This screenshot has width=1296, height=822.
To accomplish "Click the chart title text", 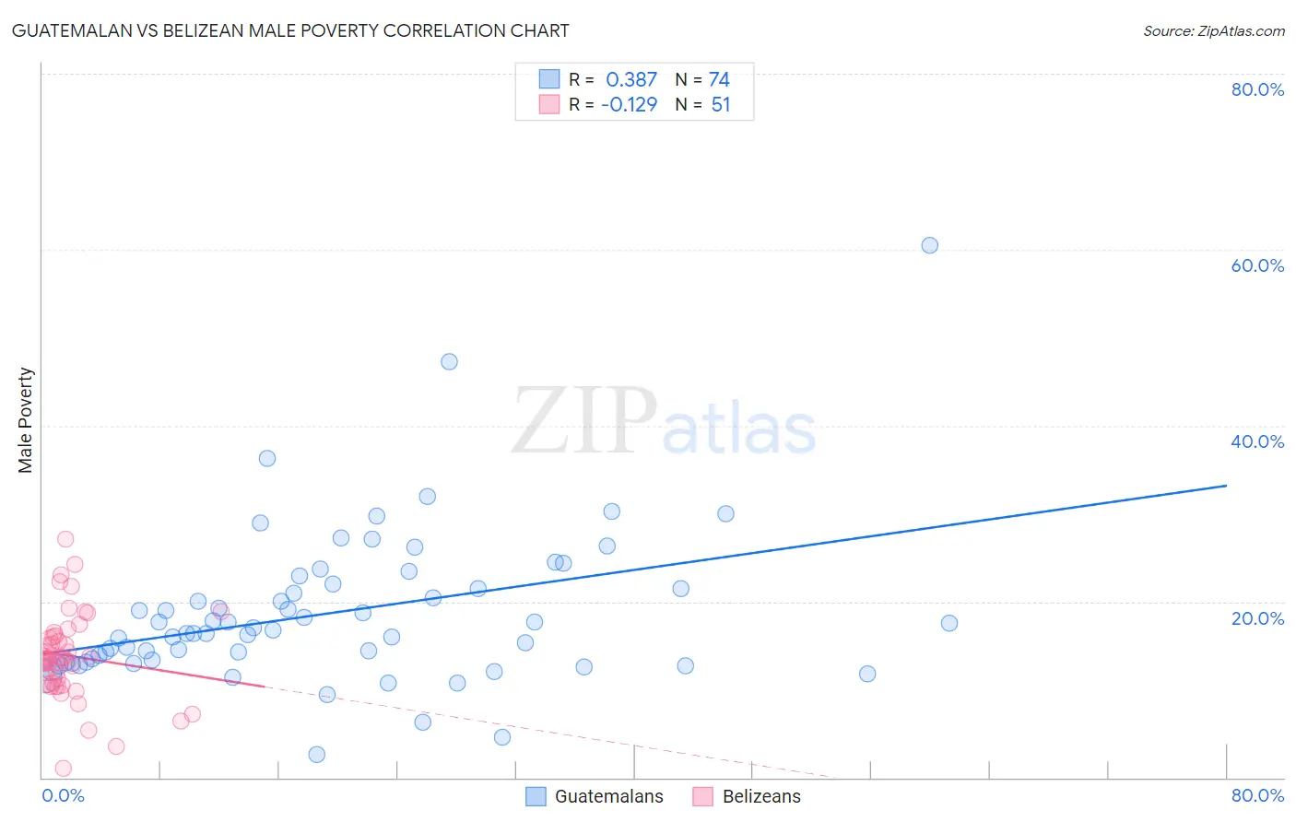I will (289, 30).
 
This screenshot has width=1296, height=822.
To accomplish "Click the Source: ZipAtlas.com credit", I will (1213, 30).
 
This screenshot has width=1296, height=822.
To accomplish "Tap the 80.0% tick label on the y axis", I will (1257, 89).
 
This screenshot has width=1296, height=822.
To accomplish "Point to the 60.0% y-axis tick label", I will (1257, 265).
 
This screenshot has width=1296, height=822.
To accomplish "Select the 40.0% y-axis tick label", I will (1257, 441).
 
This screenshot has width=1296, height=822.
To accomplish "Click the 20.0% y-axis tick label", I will (1257, 618).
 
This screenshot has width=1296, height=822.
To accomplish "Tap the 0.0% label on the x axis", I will (63, 795).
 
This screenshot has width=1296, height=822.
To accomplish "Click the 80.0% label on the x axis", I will (1257, 795).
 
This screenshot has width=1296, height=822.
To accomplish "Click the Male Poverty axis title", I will (26, 420).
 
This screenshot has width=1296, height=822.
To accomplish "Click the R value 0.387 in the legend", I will (630, 80).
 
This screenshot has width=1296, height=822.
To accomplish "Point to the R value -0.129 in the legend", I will (629, 105).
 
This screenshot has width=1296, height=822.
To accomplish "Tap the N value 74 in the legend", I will (719, 80).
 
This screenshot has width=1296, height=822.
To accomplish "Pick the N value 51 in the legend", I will (720, 105).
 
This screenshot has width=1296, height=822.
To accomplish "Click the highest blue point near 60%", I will (929, 245).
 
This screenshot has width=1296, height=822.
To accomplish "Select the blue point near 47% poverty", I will (449, 361).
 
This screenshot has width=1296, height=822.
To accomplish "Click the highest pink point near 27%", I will (65, 539).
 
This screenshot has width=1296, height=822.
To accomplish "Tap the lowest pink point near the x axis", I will (64, 769).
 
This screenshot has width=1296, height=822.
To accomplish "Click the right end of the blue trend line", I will (1226, 485).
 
